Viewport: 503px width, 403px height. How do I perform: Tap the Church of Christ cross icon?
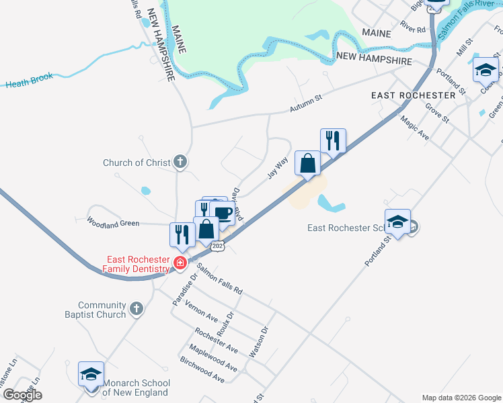[180, 161]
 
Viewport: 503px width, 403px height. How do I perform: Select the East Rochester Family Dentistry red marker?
[180, 263]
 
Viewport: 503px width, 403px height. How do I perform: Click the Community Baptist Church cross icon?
[137, 309]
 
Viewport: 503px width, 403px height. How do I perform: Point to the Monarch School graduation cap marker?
[91, 373]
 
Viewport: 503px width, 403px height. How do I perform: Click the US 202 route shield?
[217, 247]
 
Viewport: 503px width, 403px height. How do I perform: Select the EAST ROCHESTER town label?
[413, 96]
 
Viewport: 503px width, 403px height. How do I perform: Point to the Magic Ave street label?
[414, 127]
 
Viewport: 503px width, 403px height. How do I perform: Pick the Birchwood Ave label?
[202, 369]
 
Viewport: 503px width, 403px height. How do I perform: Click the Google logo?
[22, 395]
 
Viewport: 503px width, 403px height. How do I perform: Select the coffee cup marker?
[222, 215]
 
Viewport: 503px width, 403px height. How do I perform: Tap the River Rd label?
[413, 30]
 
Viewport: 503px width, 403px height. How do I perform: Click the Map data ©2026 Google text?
[461, 398]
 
